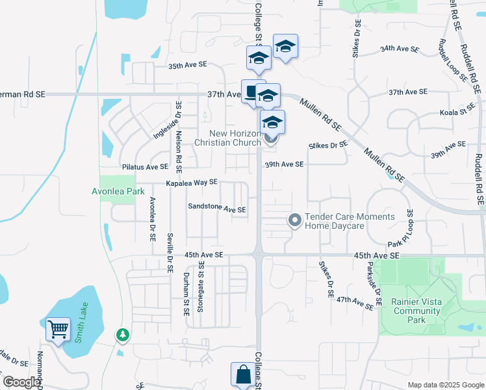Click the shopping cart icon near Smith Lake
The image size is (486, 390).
(58, 329)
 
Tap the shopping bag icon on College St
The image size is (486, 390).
(243, 375)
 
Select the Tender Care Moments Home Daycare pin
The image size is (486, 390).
(295, 221)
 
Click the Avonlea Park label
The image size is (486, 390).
(118, 192)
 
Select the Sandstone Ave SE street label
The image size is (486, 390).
(217, 209)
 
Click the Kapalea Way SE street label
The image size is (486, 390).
(191, 183)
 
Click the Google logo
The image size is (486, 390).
(21, 382)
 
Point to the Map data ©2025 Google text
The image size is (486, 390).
(445, 385)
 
